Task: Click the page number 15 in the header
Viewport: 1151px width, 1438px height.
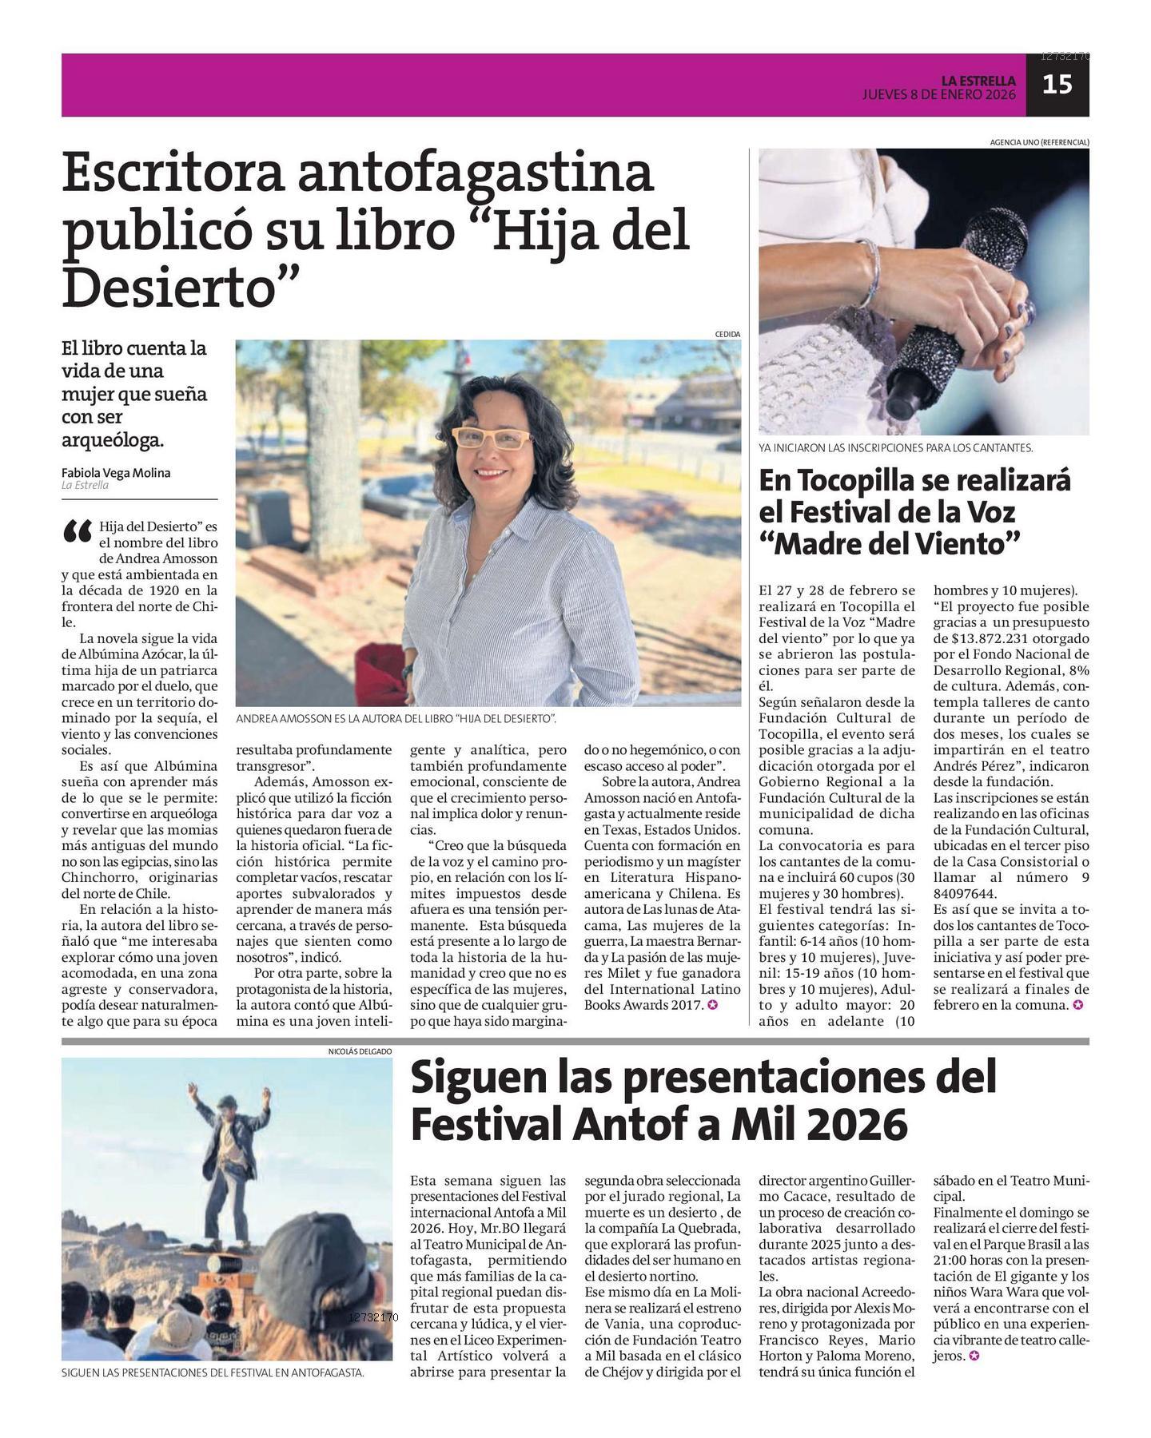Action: [1057, 84]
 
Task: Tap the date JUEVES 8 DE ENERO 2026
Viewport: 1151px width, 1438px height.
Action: [938, 94]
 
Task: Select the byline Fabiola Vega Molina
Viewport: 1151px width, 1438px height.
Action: [116, 472]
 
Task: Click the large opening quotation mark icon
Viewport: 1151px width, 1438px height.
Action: [78, 532]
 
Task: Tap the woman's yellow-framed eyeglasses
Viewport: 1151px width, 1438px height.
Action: [491, 439]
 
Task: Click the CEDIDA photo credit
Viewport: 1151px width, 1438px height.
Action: [727, 334]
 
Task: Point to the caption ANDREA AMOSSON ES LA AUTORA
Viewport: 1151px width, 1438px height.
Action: [396, 719]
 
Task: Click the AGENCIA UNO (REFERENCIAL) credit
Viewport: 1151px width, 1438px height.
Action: [1039, 142]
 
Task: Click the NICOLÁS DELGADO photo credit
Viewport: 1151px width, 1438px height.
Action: [360, 1052]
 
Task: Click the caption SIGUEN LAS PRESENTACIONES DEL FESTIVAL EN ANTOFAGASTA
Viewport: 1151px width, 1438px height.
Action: [213, 1373]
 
